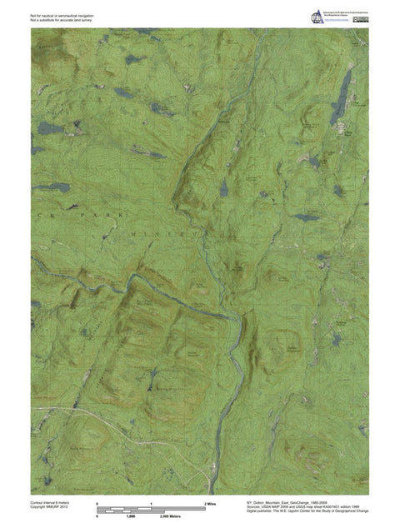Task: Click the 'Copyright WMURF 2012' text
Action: tap(50, 508)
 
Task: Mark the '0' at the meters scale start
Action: tap(97, 517)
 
